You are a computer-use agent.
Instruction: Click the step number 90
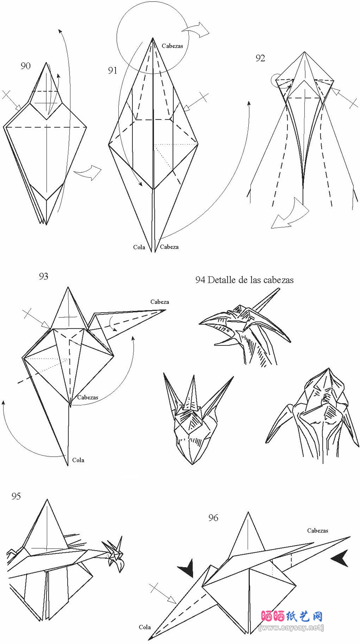pos(26,66)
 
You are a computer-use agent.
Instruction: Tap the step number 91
pos(113,70)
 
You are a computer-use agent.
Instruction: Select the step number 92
pos(260,58)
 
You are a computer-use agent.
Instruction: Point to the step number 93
pos(44,276)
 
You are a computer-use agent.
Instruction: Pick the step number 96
pos(213,518)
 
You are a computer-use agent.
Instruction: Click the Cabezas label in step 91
pos(172,46)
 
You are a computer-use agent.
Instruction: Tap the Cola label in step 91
pos(139,247)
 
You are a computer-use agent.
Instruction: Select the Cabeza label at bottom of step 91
pos(169,247)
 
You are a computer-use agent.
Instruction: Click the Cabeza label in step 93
pos(160,302)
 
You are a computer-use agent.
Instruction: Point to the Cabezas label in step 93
pos(88,397)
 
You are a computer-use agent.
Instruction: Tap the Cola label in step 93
pos(78,460)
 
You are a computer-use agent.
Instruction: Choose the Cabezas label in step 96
pos(318,530)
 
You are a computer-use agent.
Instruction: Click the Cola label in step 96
pos(145,627)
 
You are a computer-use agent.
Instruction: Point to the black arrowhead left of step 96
pos(187,568)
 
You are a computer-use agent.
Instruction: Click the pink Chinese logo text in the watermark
pos(292,616)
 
